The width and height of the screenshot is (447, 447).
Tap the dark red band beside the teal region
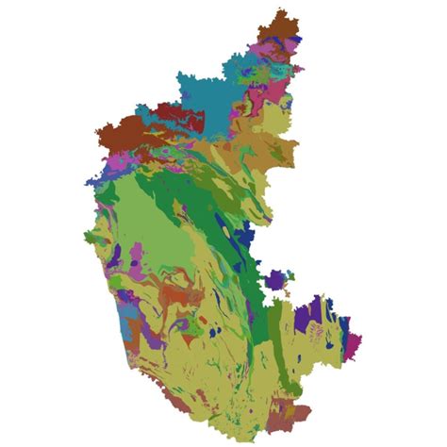[x=179, y=114]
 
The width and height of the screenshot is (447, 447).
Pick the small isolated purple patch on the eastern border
[x=274, y=280]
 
